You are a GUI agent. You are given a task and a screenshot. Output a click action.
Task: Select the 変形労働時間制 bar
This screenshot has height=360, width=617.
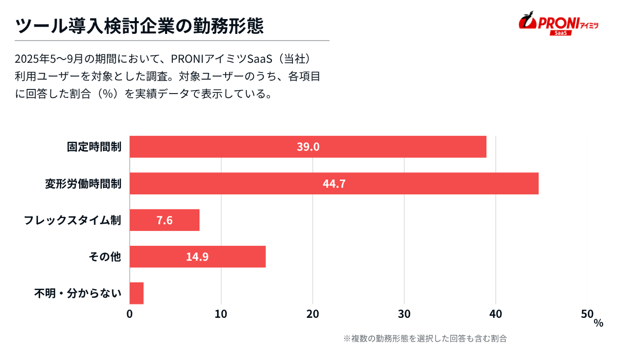coord(257,184)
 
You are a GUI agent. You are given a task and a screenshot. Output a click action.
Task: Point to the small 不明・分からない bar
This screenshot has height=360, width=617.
coord(136,293)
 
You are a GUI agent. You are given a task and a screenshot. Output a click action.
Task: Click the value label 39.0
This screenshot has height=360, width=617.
coord(308,147)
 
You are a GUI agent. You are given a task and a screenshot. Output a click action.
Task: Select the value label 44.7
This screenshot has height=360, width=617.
coord(334,184)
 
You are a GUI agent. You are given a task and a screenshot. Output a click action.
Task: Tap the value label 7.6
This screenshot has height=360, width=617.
coord(165,220)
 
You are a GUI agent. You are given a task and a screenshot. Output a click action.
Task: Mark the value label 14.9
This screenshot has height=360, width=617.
coord(197,257)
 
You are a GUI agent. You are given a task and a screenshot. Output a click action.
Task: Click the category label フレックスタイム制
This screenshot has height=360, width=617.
coord(72,220)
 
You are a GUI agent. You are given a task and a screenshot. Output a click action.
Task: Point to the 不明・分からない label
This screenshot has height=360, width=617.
coord(78,294)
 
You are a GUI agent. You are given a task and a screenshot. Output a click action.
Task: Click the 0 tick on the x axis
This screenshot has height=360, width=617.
coord(130,314)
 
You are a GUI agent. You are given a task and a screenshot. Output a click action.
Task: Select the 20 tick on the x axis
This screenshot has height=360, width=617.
coord(313,314)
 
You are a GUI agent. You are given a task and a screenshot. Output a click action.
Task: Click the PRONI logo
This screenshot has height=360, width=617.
coord(558,23)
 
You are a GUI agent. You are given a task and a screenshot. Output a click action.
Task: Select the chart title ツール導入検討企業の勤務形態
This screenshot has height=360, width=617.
coord(140,24)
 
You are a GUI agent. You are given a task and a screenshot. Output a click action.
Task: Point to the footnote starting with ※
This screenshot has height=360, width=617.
coord(425,338)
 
